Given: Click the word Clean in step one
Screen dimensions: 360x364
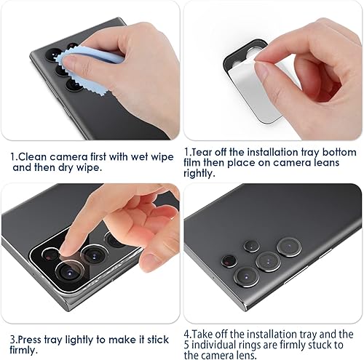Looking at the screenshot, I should [x=33, y=156].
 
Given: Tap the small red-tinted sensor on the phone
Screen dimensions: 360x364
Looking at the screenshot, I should [x=226, y=259].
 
